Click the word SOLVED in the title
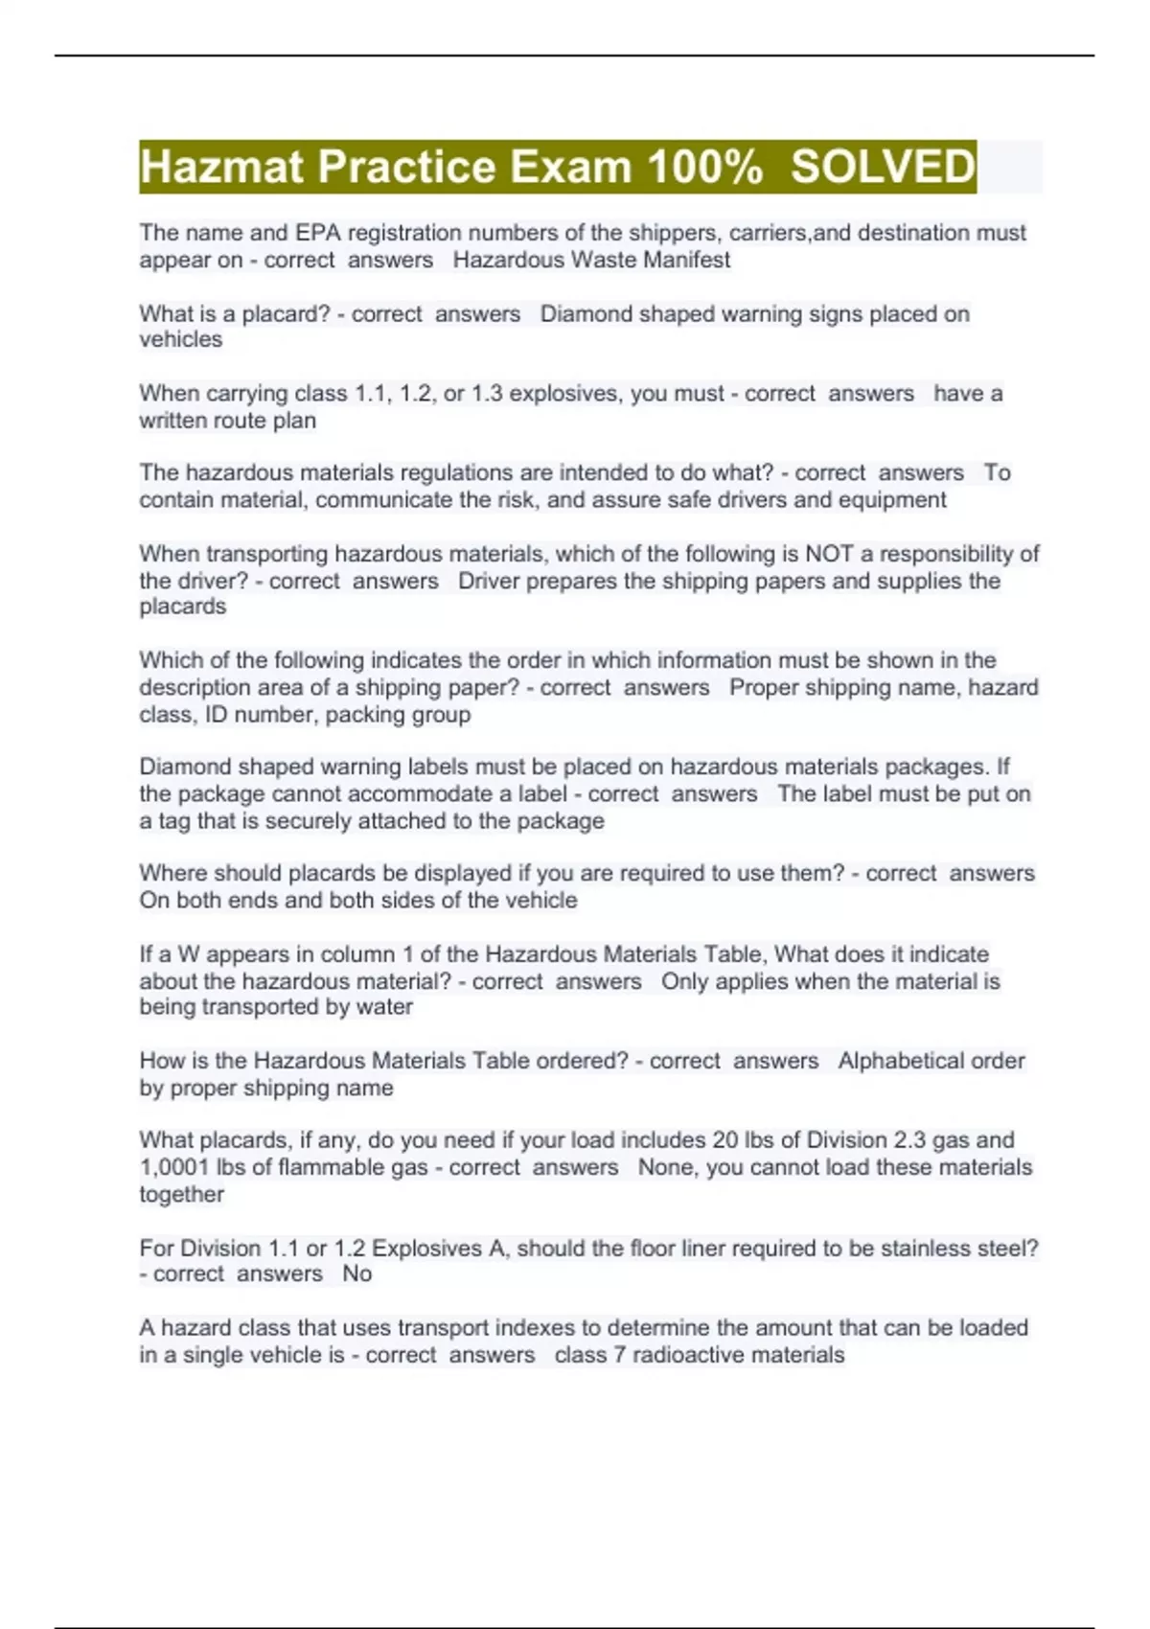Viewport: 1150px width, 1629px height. (882, 167)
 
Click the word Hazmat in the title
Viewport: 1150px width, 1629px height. (222, 167)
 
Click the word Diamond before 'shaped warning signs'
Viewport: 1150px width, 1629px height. (582, 314)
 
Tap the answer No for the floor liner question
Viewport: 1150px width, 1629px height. (356, 1274)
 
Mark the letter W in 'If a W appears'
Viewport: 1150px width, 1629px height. (188, 954)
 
